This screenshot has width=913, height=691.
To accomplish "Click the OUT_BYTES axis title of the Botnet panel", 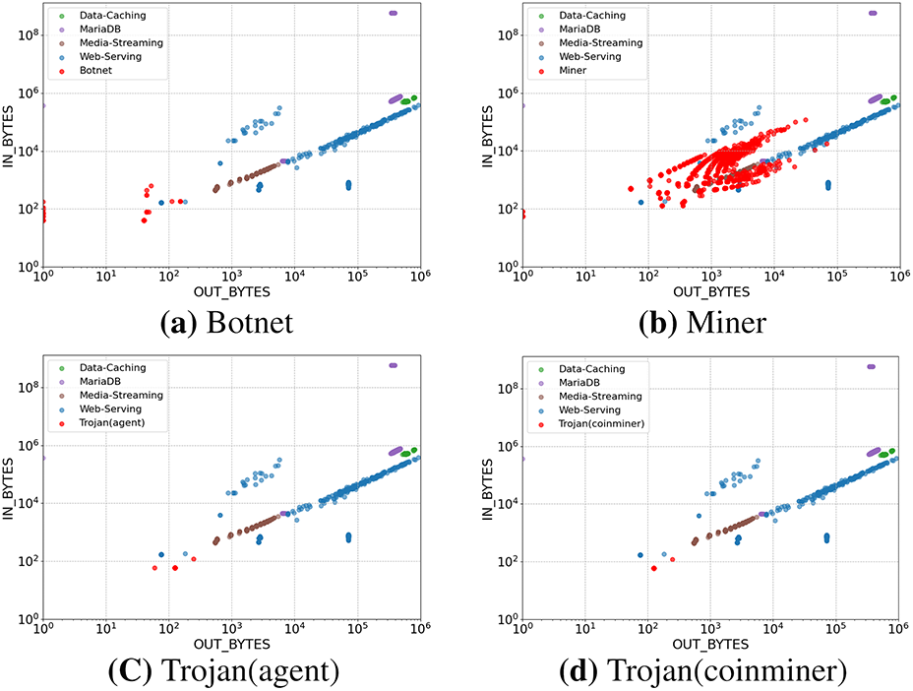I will point(231,292).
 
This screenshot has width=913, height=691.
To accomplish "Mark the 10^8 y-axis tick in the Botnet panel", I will point(25,34).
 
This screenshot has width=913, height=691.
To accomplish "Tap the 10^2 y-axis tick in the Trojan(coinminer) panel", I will point(504,562).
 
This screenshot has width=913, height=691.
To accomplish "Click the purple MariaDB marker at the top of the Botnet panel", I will point(393,13).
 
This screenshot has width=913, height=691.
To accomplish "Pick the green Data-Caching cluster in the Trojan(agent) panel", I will point(405,453).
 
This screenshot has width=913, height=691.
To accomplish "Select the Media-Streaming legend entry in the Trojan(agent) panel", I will point(112,396).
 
